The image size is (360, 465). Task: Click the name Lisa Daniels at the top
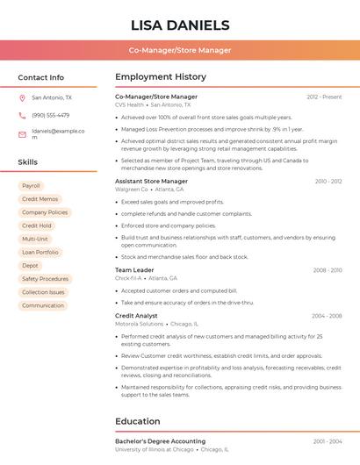point(180,25)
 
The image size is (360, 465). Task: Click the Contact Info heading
point(41,77)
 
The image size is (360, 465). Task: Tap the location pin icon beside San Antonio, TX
point(22,98)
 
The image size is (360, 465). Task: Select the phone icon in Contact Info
point(22,115)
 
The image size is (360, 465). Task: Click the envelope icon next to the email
point(22,134)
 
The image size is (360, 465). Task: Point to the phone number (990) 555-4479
point(50,115)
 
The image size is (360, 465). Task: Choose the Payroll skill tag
point(31,186)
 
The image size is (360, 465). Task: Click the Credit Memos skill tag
point(40,199)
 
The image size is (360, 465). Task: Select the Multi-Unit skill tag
point(35,239)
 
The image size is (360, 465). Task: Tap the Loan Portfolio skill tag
point(40,252)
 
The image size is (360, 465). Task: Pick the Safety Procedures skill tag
point(45,279)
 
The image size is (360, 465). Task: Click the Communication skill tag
point(43,305)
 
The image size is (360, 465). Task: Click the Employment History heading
point(161,77)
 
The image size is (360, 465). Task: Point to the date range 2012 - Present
point(324,97)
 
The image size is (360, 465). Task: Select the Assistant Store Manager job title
point(152,181)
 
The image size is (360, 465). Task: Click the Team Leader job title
point(134,270)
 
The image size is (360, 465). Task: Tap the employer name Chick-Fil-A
point(129,278)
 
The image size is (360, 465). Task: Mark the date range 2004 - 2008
point(327,315)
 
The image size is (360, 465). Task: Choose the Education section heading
point(137,421)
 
